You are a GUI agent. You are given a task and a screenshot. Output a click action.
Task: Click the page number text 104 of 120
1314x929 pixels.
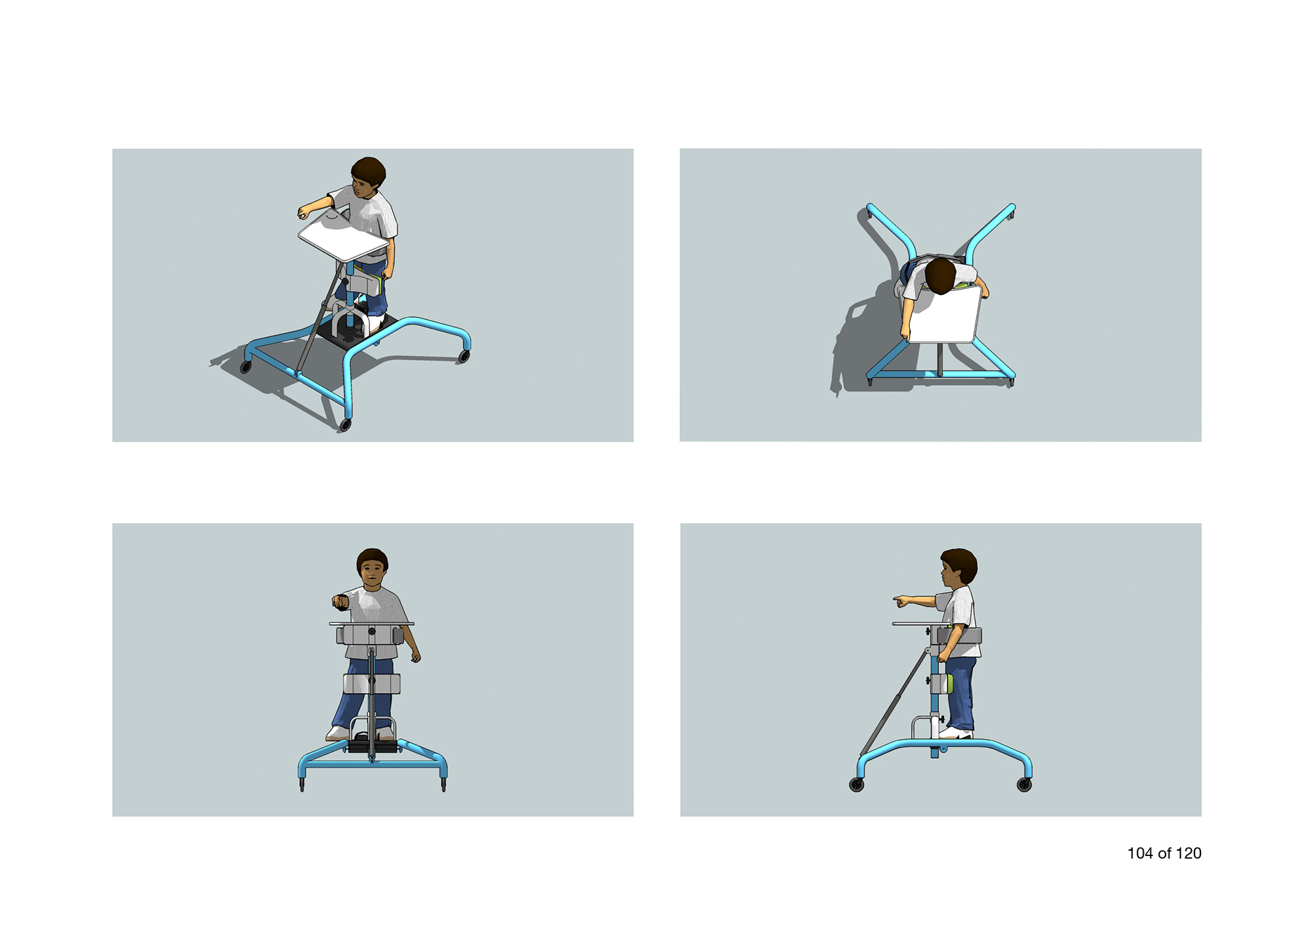coord(1164,853)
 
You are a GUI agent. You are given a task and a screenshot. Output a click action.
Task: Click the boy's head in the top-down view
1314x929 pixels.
coord(940,276)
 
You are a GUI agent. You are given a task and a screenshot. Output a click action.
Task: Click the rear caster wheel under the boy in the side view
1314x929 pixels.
coord(1024,784)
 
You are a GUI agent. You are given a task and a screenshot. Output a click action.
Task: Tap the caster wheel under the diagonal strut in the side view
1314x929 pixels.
coord(857,785)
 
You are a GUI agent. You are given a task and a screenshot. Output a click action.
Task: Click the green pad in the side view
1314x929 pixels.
coord(949,683)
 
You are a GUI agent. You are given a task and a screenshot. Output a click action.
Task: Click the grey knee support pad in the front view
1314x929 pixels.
coord(371,684)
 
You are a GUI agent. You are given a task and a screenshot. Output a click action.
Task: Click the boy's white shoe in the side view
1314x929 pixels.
coord(957,733)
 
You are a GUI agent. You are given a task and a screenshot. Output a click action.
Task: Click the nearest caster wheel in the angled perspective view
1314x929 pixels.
coord(345,425)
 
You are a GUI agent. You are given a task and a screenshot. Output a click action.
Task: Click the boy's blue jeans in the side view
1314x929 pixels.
coord(960,692)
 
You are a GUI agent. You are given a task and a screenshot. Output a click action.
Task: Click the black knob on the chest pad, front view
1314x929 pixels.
coord(371,632)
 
